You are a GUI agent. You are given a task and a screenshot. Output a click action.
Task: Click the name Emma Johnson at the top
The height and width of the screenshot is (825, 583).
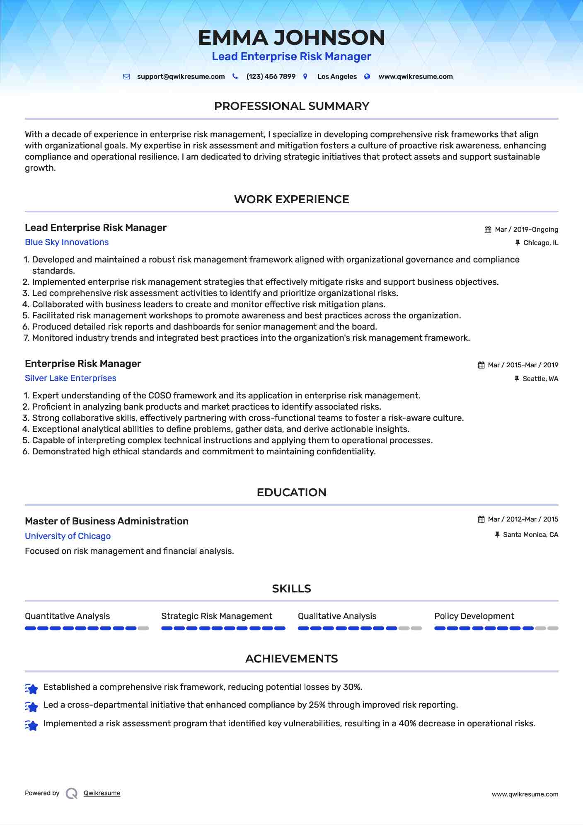(x=291, y=37)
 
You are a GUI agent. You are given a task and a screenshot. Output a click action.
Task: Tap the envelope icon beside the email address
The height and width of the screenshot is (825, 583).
(x=126, y=77)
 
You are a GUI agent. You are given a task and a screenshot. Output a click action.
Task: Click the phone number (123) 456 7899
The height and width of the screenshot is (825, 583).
(x=271, y=77)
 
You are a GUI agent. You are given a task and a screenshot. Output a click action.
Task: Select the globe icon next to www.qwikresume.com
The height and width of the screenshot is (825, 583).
(x=367, y=77)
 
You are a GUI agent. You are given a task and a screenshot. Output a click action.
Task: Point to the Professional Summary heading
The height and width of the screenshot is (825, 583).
(x=291, y=106)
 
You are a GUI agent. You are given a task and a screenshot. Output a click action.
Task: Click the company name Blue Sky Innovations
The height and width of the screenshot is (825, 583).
(x=67, y=242)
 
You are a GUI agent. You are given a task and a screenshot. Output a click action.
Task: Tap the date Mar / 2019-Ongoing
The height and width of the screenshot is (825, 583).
(x=526, y=230)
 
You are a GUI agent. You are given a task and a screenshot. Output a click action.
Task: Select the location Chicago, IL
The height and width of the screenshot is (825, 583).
(x=541, y=243)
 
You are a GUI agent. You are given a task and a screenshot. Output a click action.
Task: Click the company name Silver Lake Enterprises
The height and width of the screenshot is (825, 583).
(x=70, y=378)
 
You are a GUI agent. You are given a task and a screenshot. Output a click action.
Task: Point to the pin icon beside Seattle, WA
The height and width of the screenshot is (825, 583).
(x=517, y=379)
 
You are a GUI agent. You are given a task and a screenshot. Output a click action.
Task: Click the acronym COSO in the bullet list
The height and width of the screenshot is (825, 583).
(x=160, y=396)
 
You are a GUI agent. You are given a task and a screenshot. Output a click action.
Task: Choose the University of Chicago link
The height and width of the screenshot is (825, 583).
(x=68, y=536)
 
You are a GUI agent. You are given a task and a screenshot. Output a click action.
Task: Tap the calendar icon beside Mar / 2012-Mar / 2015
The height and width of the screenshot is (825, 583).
(x=481, y=519)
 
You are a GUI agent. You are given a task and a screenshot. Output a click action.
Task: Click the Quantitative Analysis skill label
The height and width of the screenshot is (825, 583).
(x=67, y=616)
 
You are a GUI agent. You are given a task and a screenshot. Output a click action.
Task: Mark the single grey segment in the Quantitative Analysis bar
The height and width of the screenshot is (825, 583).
(x=143, y=628)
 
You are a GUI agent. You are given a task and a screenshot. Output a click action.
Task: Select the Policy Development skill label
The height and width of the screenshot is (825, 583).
(x=474, y=616)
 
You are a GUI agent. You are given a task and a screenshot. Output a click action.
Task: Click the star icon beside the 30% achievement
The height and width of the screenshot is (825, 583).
(x=31, y=689)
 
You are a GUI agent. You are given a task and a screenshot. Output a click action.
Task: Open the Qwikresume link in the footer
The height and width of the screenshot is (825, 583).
(x=102, y=793)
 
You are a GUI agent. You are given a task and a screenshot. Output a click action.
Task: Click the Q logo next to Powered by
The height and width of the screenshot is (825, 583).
(x=72, y=793)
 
